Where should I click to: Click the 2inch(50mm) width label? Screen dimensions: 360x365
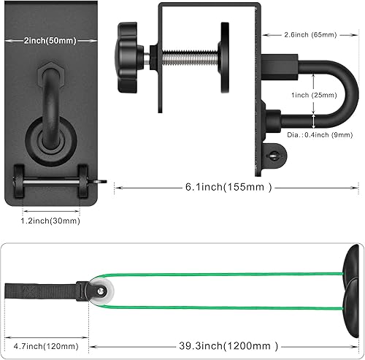[49, 39]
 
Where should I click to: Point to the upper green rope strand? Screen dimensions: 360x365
[219, 275]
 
